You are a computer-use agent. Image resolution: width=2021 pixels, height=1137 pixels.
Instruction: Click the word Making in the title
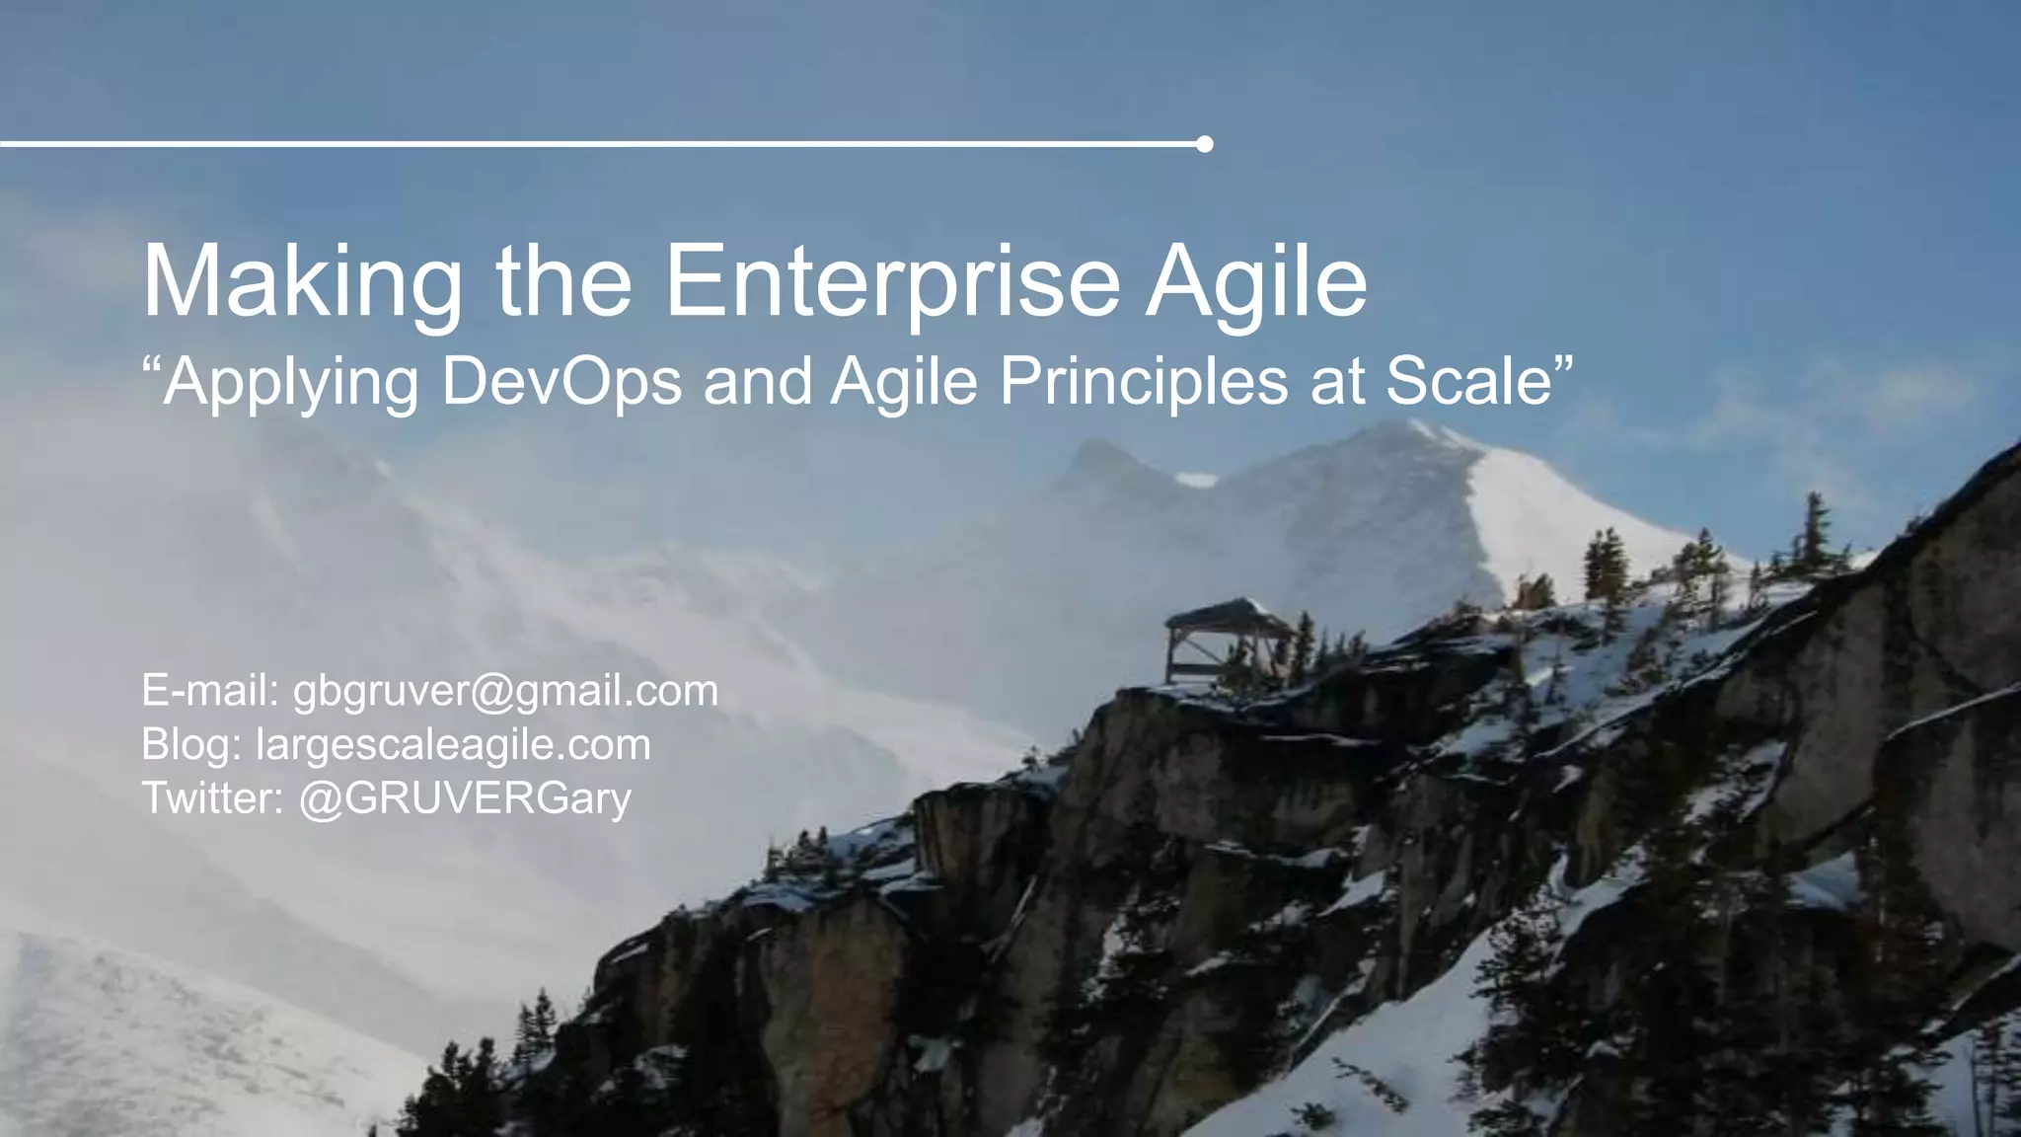click(302, 283)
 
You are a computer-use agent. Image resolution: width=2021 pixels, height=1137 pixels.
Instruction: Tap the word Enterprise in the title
click(892, 283)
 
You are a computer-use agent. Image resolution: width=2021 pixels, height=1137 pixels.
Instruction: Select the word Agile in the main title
click(1255, 283)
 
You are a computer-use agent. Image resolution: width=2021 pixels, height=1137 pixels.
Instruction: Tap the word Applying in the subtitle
click(292, 383)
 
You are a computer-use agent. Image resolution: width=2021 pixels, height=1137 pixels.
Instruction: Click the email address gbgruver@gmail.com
click(505, 691)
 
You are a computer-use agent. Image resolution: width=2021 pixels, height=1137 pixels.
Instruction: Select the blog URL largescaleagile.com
click(453, 744)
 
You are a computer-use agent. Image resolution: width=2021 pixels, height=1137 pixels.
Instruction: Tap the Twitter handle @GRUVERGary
click(464, 797)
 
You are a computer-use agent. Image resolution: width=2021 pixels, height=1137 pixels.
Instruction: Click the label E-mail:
click(210, 691)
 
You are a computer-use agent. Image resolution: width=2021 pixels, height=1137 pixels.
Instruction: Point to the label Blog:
click(191, 744)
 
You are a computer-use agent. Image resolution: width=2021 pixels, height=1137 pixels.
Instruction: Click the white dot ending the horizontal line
click(1204, 144)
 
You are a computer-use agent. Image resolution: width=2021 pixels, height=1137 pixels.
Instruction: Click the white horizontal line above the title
click(592, 144)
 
